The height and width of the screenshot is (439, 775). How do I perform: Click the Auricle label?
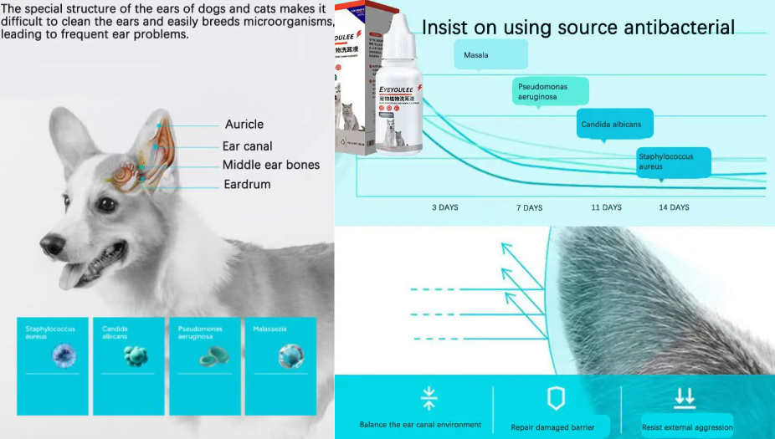[x=243, y=125]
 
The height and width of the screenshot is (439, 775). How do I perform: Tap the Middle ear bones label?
[x=270, y=165]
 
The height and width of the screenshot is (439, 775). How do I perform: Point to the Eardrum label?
[x=247, y=184]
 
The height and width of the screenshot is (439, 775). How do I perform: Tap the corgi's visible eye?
[x=106, y=203]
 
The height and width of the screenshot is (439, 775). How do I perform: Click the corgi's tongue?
[x=72, y=275]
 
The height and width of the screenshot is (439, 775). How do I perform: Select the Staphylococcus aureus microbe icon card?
[x=52, y=365]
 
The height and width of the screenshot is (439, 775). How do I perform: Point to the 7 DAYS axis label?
[x=529, y=207]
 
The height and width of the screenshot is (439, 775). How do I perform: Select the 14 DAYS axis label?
[x=674, y=207]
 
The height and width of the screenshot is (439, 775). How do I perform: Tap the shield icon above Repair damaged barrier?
[x=556, y=398]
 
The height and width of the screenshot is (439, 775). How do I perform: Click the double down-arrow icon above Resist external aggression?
[x=685, y=397]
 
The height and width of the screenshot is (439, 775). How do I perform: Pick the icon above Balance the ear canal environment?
[x=429, y=398]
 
